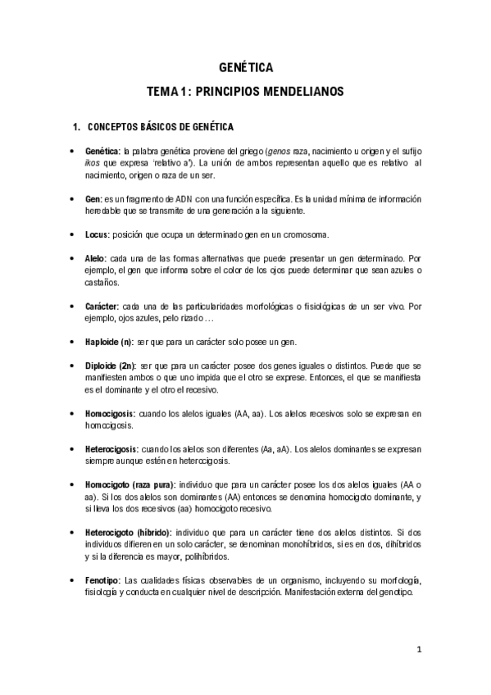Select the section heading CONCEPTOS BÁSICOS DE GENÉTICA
click(160, 127)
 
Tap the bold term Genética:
click(102, 152)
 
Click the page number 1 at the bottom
click(418, 651)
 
